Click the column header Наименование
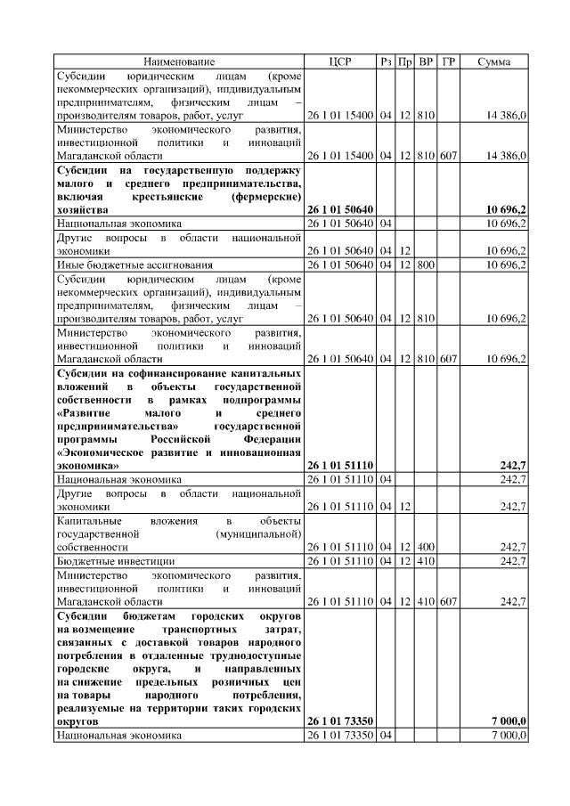pos(178,61)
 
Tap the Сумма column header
pos(493,61)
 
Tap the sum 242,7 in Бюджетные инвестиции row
pos(513,561)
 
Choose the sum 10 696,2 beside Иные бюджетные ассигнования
pos(506,265)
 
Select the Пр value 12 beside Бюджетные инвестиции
pos(405,561)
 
